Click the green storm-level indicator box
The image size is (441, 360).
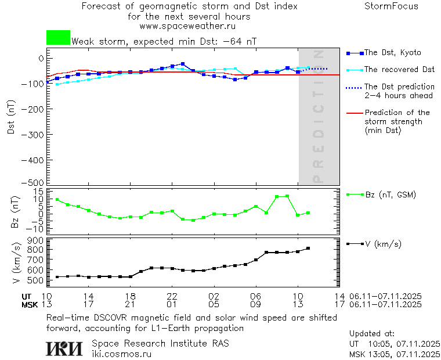(58, 38)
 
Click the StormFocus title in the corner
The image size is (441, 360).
(391, 6)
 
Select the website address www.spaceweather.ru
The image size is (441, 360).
(187, 26)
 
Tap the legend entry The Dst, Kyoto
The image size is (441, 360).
(392, 53)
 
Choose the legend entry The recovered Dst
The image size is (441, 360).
(399, 70)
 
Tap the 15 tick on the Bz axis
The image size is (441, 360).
(38, 192)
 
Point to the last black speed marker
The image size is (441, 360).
(308, 249)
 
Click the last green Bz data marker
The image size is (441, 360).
(308, 213)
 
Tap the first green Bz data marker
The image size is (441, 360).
(57, 200)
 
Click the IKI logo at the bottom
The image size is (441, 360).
(65, 348)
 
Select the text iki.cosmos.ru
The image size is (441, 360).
(121, 354)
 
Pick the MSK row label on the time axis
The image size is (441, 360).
(30, 304)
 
